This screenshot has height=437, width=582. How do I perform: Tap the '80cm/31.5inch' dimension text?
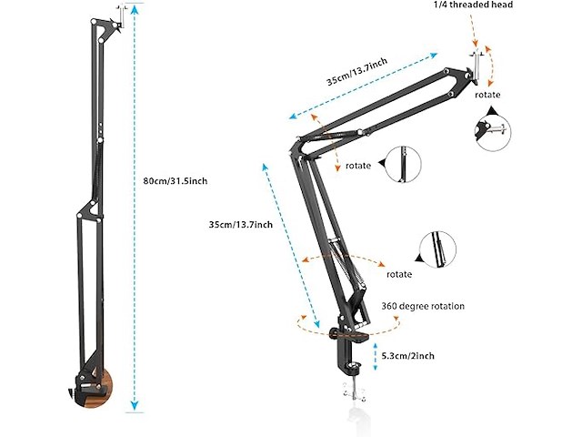click(x=176, y=181)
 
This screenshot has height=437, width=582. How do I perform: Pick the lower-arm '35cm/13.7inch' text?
click(x=240, y=224)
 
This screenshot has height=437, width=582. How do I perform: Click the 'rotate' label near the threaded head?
click(x=488, y=95)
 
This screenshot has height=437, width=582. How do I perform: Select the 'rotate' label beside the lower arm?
click(x=399, y=274)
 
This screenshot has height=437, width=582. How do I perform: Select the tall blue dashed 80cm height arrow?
click(x=134, y=209)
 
